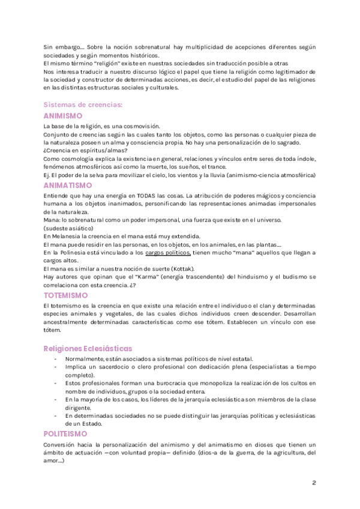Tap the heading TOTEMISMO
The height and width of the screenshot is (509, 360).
pyautogui.click(x=66, y=296)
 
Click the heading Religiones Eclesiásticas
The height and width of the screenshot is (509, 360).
pyautogui.click(x=88, y=349)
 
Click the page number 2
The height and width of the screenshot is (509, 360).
pyautogui.click(x=314, y=483)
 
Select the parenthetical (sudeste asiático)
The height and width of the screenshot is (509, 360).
pyautogui.click(x=68, y=229)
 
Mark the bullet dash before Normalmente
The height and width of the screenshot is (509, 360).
pyautogui.click(x=56, y=359)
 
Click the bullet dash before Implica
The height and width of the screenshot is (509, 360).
pyautogui.click(x=56, y=367)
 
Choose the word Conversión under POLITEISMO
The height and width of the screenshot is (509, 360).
pyautogui.click(x=59, y=445)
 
